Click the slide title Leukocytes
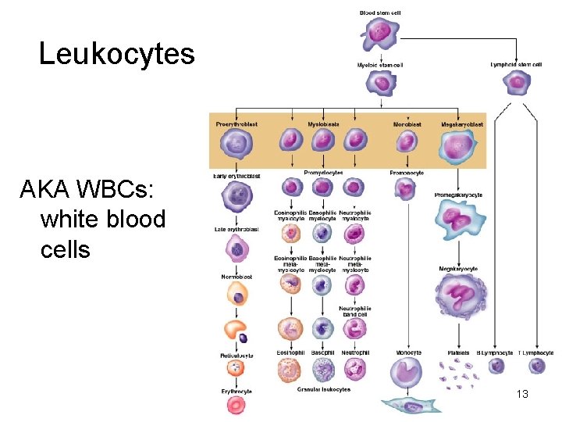[116, 54]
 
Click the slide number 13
[522, 394]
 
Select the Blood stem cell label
[379, 13]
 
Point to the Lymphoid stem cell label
[516, 64]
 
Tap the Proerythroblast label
[237, 124]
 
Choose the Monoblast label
[407, 124]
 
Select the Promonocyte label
[406, 173]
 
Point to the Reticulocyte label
[236, 356]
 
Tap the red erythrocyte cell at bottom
[236, 404]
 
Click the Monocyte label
[407, 353]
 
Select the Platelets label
[458, 353]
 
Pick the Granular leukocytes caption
[324, 389]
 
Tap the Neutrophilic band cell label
[355, 311]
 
